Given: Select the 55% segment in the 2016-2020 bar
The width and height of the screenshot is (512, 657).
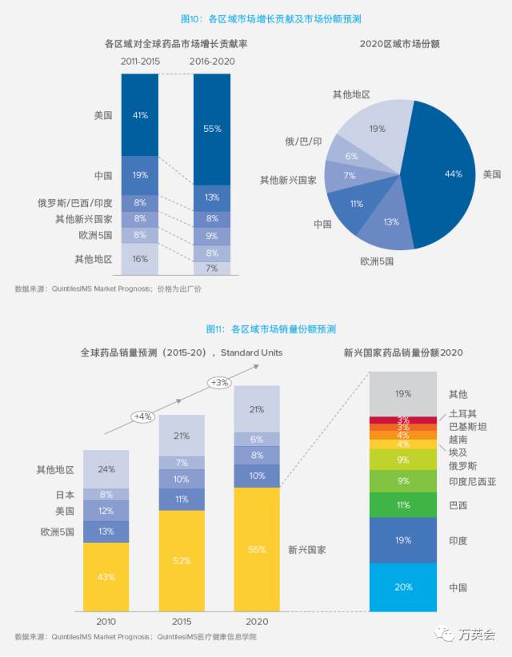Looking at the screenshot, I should tap(212, 129).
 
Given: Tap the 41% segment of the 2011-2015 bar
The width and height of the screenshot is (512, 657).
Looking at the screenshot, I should tap(140, 115).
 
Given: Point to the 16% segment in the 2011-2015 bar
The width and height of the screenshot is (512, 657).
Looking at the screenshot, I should tap(140, 259).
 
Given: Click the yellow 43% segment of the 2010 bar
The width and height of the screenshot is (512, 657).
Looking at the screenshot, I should tap(106, 576).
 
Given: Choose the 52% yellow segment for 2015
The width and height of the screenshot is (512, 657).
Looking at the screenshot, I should tap(182, 560).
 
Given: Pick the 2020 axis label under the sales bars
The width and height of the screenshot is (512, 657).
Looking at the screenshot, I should tap(257, 621).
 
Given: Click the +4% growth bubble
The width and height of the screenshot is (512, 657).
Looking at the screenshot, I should tap(143, 416).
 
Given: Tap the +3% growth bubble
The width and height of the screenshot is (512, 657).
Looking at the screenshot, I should tap(219, 382).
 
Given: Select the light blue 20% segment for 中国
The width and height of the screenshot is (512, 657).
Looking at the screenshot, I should tap(402, 587).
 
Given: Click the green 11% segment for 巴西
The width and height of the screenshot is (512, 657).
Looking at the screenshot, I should tap(402, 505).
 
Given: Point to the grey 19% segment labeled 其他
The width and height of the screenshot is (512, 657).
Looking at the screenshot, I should tap(402, 393).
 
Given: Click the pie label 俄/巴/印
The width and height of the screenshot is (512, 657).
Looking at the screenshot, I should tap(305, 141).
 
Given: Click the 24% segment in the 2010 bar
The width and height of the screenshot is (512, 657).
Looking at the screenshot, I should tap(106, 469).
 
